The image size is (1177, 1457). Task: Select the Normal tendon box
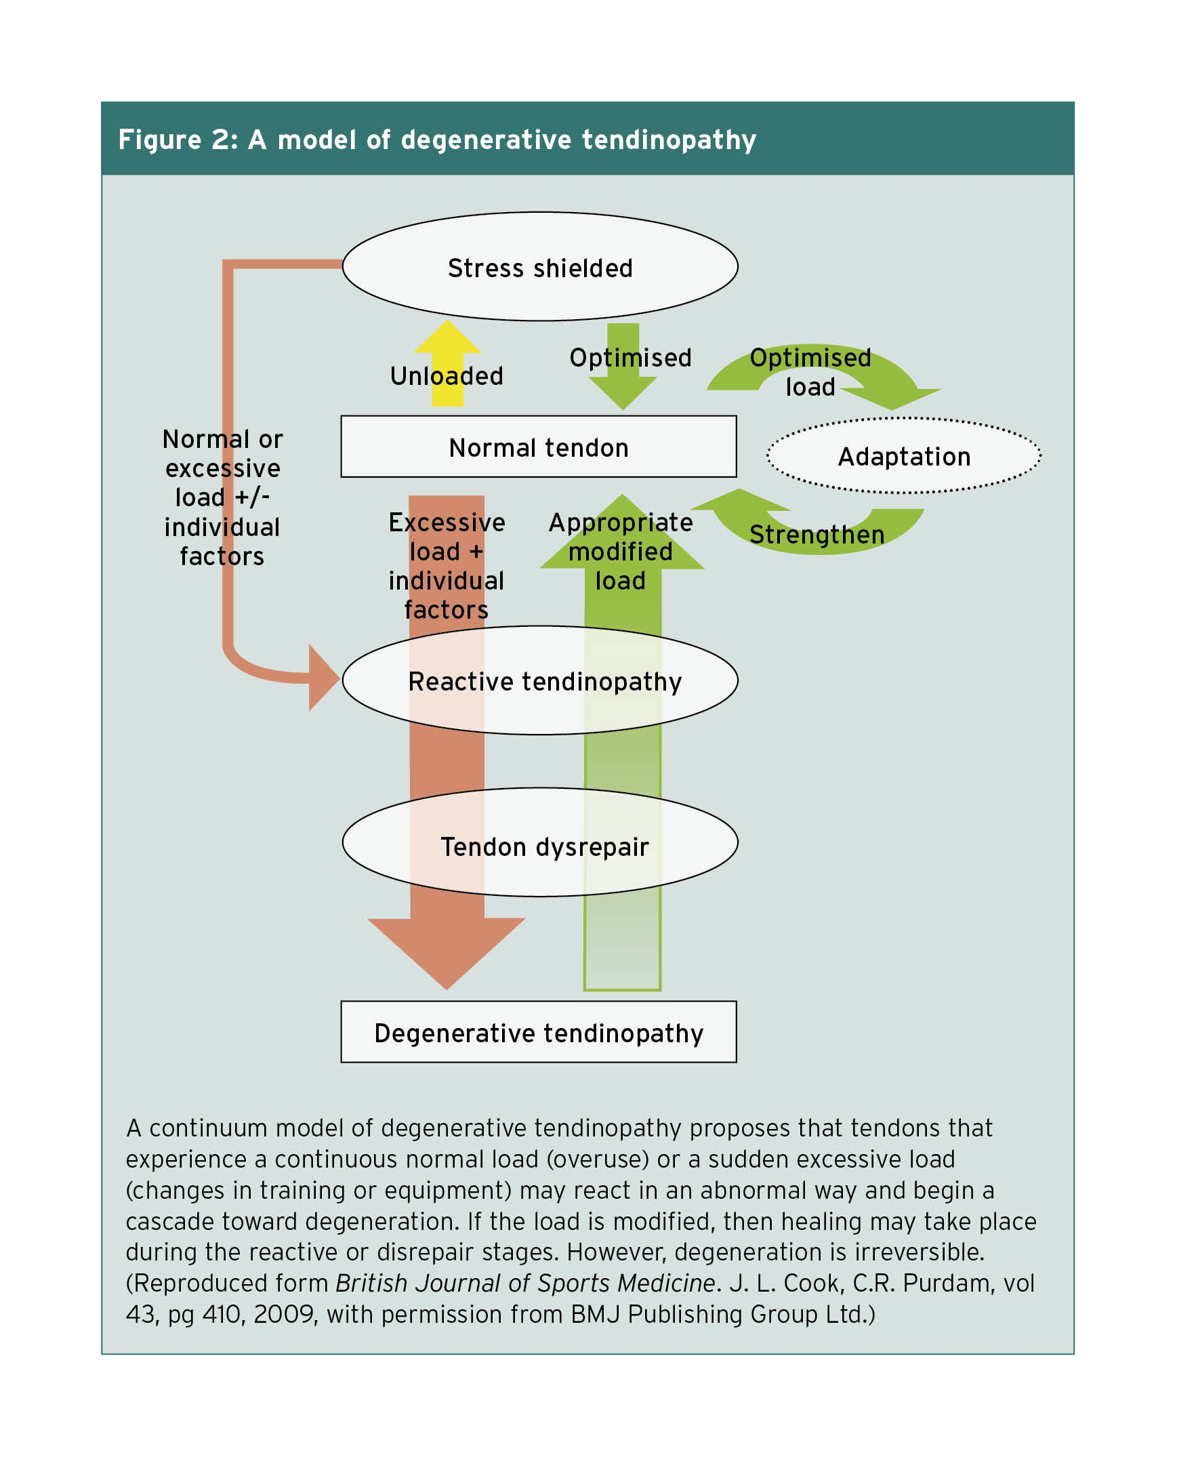click(x=538, y=447)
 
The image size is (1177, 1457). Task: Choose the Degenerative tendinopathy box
click(x=538, y=1033)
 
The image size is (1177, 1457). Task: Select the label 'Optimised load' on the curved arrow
click(x=810, y=371)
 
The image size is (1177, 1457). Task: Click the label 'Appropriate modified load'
click(x=621, y=551)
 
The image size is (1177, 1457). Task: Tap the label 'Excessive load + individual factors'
click(x=446, y=565)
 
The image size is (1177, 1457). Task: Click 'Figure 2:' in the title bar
click(x=178, y=140)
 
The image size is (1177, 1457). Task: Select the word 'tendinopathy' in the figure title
click(x=669, y=140)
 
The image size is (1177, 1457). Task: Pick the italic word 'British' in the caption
click(x=371, y=1283)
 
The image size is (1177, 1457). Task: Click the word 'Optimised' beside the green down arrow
click(x=630, y=357)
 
